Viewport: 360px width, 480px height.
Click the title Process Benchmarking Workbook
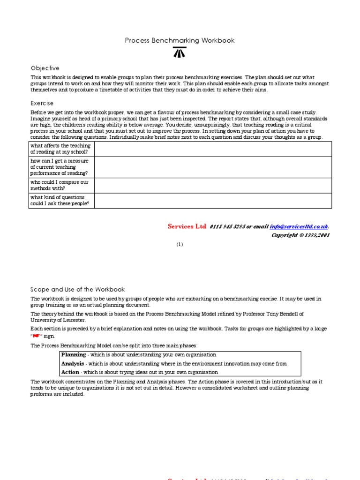click(180, 41)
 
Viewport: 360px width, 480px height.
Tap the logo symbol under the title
click(180, 52)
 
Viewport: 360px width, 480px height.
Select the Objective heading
click(45, 68)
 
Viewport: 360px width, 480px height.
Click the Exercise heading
click(42, 103)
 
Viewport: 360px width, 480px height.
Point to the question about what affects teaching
click(61, 149)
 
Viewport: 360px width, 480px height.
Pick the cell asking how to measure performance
click(61, 167)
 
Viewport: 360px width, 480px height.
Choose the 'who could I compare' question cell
click(61, 185)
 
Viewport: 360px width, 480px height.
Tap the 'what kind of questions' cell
click(61, 201)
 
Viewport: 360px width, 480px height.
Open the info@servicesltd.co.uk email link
click(299, 227)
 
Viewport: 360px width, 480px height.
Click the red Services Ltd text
click(187, 226)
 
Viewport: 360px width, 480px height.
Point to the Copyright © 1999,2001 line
click(300, 235)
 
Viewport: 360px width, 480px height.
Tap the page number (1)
click(180, 244)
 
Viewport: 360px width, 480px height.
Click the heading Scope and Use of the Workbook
click(78, 290)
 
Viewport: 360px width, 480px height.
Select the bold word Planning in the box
click(74, 355)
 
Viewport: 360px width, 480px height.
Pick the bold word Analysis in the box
click(73, 364)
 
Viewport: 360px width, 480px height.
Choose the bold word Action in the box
click(70, 372)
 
